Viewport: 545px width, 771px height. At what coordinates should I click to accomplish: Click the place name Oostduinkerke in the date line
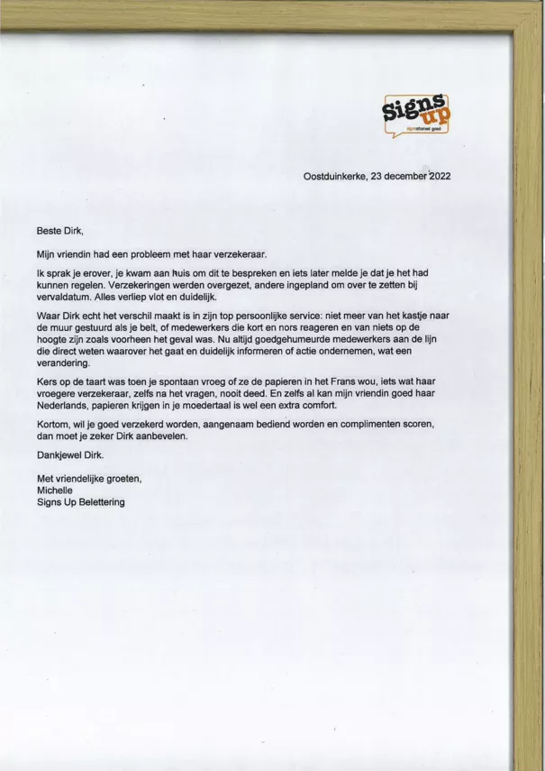click(334, 177)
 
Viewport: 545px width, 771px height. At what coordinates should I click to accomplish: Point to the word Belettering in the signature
click(97, 502)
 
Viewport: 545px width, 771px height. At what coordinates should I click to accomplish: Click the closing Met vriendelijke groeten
click(89, 478)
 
